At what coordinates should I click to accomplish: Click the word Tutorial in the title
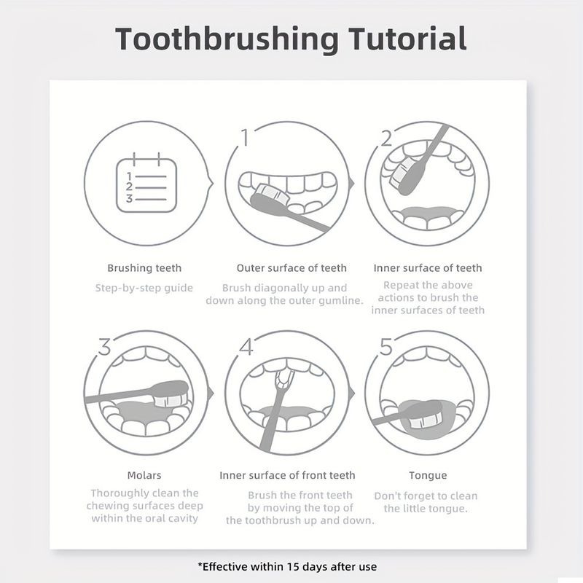pyautogui.click(x=407, y=39)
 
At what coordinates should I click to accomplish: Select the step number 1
pyautogui.click(x=245, y=138)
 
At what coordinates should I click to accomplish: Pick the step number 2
pyautogui.click(x=387, y=138)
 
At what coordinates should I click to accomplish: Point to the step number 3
pyautogui.click(x=104, y=347)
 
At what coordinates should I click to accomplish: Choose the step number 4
pyautogui.click(x=246, y=347)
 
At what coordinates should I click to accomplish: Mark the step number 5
pyautogui.click(x=386, y=347)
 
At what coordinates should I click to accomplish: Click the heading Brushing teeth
pyautogui.click(x=144, y=268)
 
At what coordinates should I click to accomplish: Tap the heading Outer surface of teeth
pyautogui.click(x=291, y=267)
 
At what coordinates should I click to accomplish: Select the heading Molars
pyautogui.click(x=144, y=475)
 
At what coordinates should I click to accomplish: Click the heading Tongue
pyautogui.click(x=428, y=476)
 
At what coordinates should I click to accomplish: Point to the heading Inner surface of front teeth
pyautogui.click(x=287, y=475)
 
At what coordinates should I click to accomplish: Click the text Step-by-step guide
pyautogui.click(x=144, y=288)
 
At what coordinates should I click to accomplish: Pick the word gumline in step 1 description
pyautogui.click(x=340, y=300)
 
